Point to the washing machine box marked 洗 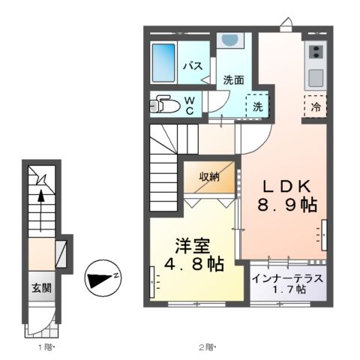tap(257, 106)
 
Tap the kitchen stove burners tap(315, 52)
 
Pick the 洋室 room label tap(193, 245)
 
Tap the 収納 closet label tap(209, 177)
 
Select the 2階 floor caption tap(207, 346)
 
